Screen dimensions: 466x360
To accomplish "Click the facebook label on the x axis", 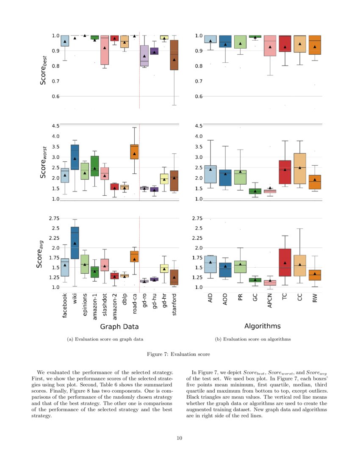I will tap(65, 306).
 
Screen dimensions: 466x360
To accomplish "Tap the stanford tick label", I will tap(174, 305).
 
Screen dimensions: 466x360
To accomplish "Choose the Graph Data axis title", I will tap(119, 327).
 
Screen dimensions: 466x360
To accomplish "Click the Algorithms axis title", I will tap(262, 326).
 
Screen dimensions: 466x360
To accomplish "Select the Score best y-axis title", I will tap(44, 72).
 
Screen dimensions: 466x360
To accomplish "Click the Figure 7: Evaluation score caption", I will tap(180, 354).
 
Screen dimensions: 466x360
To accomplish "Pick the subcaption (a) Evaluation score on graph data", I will tap(105, 339).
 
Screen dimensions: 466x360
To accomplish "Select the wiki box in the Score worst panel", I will tap(75, 157).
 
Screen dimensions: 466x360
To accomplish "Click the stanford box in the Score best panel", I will tap(174, 55).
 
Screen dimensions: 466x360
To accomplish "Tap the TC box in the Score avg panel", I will tap(285, 262).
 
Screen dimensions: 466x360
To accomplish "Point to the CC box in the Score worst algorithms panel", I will tap(300, 169).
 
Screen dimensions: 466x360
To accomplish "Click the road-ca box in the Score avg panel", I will tap(134, 256).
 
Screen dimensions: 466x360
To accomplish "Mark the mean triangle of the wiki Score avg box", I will tap(75, 243).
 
